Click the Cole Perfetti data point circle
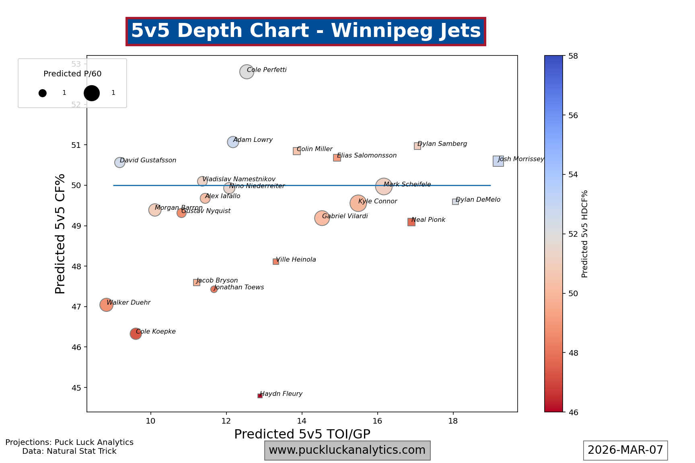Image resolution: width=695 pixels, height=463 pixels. (247, 72)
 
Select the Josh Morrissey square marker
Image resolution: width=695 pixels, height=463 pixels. (498, 161)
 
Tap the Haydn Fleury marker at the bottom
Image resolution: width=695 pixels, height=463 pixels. (260, 396)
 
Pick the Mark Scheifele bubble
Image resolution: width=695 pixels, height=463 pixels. (384, 186)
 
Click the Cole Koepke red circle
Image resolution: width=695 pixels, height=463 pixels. (136, 334)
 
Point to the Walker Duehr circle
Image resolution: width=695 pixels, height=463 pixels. (106, 305)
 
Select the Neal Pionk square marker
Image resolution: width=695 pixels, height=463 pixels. (411, 222)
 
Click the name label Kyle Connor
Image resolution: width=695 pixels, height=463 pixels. (378, 201)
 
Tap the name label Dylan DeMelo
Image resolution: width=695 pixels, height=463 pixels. (478, 200)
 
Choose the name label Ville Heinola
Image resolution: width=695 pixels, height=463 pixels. (296, 260)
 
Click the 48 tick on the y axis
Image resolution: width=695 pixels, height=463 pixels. (76, 266)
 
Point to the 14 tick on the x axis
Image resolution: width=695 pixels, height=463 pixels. (302, 421)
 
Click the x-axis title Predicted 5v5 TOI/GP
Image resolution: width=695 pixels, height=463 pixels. (302, 434)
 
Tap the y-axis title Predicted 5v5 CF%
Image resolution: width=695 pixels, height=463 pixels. (60, 234)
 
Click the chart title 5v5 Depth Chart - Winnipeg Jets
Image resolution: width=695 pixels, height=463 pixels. (306, 31)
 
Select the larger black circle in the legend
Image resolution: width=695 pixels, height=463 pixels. (92, 93)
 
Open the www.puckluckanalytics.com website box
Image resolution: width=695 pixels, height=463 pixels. (347, 450)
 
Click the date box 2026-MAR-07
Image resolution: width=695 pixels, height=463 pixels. (625, 450)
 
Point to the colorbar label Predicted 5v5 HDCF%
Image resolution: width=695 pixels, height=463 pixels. (585, 234)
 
